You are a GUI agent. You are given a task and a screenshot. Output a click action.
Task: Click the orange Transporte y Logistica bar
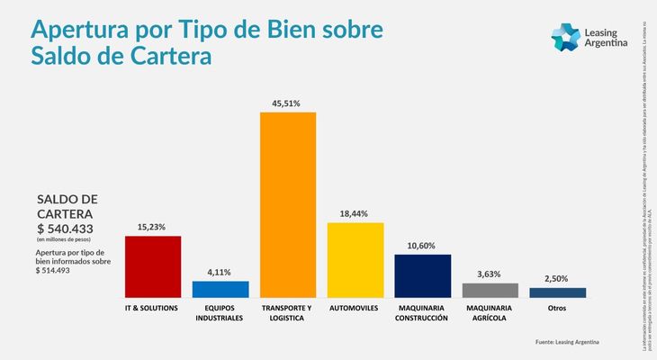pos(288,204)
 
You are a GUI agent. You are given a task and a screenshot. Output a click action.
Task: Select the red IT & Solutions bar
pos(153,266)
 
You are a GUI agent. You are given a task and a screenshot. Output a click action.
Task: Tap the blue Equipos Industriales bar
pos(220,289)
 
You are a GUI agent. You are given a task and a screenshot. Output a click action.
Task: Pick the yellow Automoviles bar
pos(355,260)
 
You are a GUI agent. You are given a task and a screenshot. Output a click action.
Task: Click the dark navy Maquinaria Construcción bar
pos(423,275)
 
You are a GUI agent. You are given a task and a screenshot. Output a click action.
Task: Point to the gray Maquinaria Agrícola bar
pos(490,290)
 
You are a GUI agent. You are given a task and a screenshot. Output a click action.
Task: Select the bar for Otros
pos(558,292)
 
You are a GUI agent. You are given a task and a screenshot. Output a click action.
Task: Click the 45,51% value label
pos(288,103)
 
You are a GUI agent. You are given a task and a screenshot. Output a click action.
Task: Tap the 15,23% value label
pos(153,227)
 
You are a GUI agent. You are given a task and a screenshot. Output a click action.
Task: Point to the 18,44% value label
pos(355,213)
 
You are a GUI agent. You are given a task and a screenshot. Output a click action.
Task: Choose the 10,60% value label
pos(423,245)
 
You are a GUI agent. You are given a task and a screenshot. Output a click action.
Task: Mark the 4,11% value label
pos(220,272)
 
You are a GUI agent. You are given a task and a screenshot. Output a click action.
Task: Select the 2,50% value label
pos(558,279)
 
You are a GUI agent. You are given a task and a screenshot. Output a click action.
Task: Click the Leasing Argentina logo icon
pos(565,39)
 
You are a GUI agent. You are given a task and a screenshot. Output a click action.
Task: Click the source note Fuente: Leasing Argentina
pos(566,342)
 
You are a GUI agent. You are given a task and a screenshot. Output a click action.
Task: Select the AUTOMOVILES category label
pos(355,309)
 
